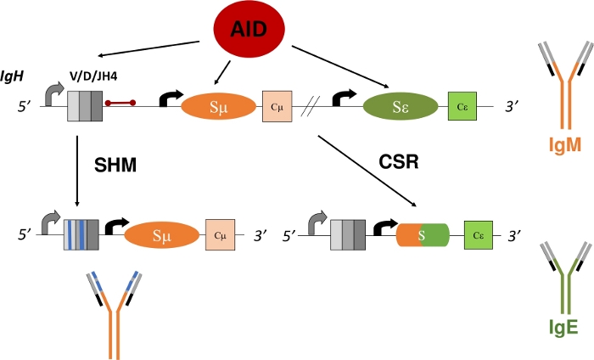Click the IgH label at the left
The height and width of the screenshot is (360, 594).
point(14,76)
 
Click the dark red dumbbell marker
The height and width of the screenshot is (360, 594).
point(120,105)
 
